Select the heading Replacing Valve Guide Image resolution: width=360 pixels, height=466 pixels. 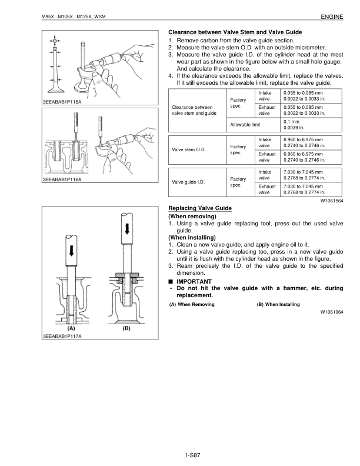coord(200,208)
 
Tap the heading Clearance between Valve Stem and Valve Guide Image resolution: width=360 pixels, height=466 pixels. coord(235,31)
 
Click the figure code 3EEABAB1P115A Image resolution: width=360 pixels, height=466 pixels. coord(62,101)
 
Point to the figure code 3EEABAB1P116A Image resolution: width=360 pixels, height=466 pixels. coord(62,179)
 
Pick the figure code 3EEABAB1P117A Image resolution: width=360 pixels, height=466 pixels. coord(62,337)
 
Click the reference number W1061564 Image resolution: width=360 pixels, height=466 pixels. coord(332,201)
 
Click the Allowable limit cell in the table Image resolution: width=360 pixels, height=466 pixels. coord(245,124)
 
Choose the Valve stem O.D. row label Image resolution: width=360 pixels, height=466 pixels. coord(188,149)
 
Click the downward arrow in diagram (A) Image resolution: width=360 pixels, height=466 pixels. coord(71,249)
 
